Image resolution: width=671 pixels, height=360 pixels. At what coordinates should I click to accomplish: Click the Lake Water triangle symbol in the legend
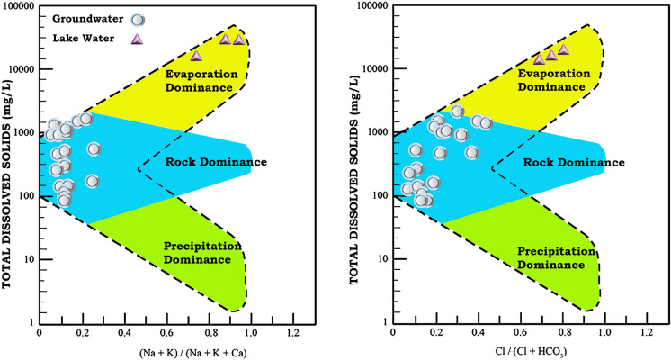coord(137,39)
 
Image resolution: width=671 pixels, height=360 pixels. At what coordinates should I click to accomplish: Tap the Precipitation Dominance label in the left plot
coord(202,252)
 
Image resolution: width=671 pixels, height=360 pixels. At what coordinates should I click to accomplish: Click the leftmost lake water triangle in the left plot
coord(196,56)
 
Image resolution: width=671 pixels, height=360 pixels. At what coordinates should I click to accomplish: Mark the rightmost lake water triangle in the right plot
coord(563,50)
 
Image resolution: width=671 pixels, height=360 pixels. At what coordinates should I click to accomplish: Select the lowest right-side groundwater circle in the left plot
coord(92,181)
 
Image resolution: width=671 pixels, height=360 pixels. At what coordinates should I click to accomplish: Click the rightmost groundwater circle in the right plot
coord(486,123)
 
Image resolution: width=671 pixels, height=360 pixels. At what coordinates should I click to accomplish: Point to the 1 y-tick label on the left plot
coord(31,322)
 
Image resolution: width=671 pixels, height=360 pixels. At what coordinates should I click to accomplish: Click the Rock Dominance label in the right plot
coord(558,162)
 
